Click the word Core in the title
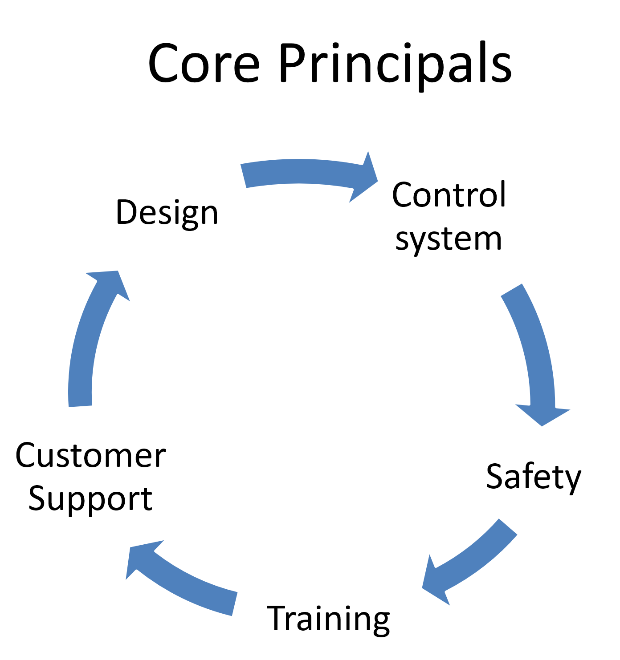click(204, 63)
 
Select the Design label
click(167, 213)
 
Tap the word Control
click(449, 194)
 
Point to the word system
click(449, 239)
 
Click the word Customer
click(90, 456)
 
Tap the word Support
click(90, 499)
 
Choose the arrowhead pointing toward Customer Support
click(141, 559)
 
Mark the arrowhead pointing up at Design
click(110, 283)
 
